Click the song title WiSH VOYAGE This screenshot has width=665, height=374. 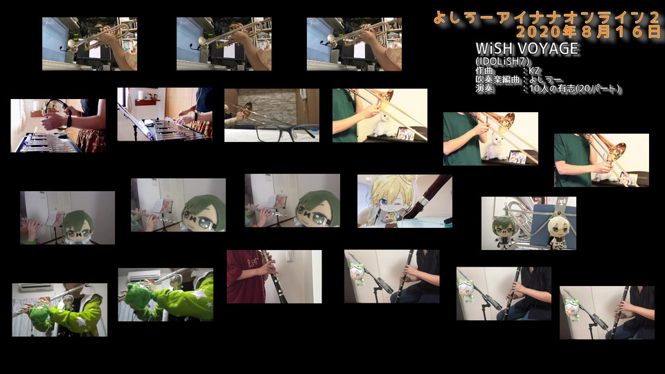[x=526, y=48]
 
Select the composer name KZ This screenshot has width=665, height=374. [x=534, y=71]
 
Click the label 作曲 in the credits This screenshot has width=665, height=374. [x=485, y=71]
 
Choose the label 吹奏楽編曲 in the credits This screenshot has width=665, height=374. [x=497, y=79]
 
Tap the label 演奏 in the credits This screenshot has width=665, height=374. [x=485, y=88]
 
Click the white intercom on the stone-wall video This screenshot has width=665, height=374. [x=303, y=93]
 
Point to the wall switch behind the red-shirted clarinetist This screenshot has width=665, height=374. [x=290, y=257]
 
